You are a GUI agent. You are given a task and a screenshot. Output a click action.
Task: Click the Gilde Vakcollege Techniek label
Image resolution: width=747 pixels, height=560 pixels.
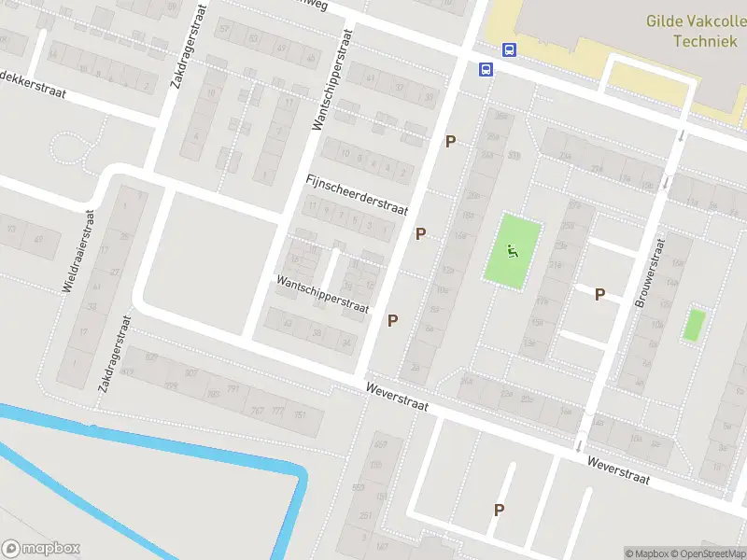[x=696, y=31]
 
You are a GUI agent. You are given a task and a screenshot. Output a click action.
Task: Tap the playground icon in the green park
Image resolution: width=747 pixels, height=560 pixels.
[x=512, y=250]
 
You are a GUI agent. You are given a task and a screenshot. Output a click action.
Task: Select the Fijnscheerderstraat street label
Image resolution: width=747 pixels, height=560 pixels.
[x=357, y=195]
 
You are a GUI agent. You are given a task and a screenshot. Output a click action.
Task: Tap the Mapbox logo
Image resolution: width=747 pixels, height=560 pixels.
[x=41, y=549]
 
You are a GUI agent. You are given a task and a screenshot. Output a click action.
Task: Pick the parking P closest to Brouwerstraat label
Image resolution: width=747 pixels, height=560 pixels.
[x=599, y=294]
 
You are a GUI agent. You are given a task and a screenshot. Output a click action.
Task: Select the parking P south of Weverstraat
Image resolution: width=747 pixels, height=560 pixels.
[x=500, y=510]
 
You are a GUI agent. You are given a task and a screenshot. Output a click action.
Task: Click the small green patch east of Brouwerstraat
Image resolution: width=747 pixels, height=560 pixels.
[x=693, y=325]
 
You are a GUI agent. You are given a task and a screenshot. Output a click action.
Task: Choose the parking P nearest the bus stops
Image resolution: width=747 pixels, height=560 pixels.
[x=451, y=141]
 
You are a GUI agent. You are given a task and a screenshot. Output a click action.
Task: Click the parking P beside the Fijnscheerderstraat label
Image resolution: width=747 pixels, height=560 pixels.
[x=421, y=233]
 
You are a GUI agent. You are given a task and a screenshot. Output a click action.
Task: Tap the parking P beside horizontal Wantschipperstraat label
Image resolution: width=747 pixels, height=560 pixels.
[x=393, y=320]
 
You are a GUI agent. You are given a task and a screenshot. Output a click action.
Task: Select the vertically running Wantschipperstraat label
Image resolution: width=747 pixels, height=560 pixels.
[x=332, y=78]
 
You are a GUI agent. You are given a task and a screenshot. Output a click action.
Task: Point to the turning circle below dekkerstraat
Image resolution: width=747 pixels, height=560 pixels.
[x=69, y=149]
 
